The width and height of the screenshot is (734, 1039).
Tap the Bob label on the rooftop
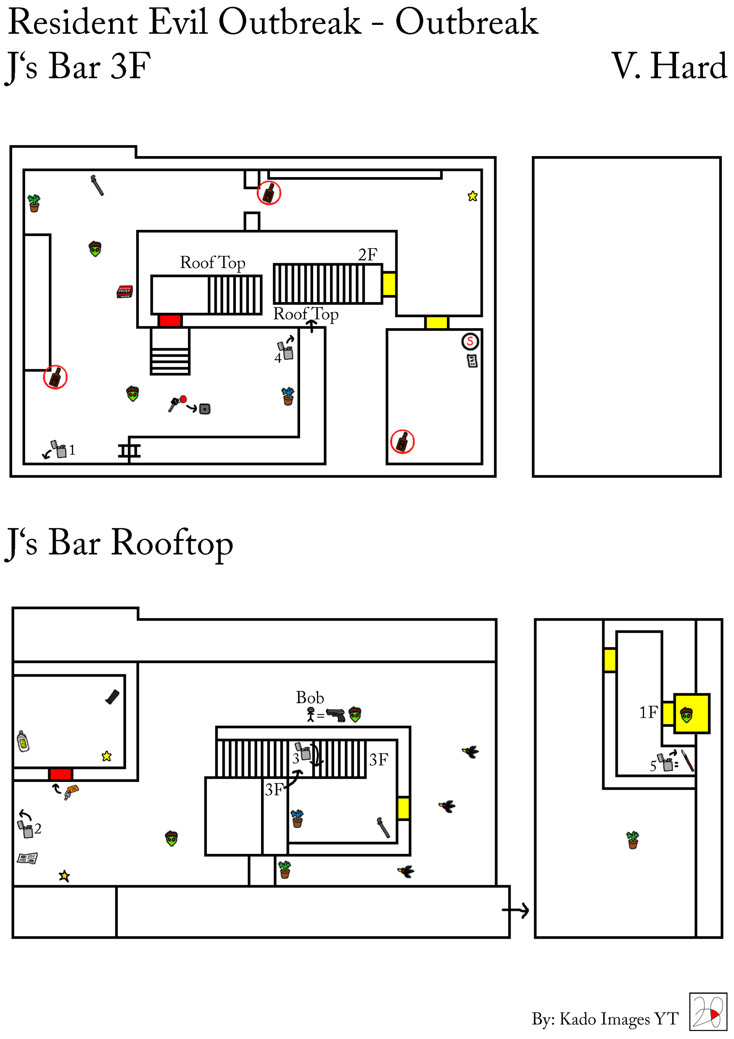coord(310,697)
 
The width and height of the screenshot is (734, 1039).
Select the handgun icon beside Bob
coord(336,715)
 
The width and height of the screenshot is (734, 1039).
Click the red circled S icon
coord(470,341)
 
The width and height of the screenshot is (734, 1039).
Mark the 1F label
coord(648,712)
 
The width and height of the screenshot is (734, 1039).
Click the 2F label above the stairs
coord(367,255)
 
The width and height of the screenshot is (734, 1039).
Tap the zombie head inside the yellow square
coord(686,715)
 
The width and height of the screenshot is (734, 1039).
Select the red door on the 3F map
coord(170,321)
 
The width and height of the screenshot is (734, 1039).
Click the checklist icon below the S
coord(472,361)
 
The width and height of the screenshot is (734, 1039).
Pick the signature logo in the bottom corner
coord(707,1012)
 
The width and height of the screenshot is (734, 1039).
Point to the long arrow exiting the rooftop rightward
coord(516,910)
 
